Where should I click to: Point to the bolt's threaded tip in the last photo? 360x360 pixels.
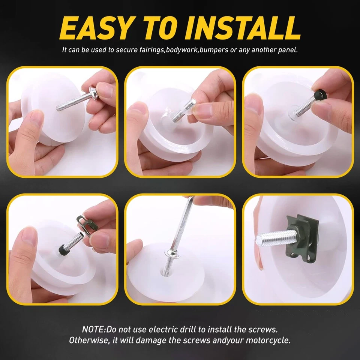click(x=262, y=239)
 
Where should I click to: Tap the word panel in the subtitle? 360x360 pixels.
click(x=288, y=50)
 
